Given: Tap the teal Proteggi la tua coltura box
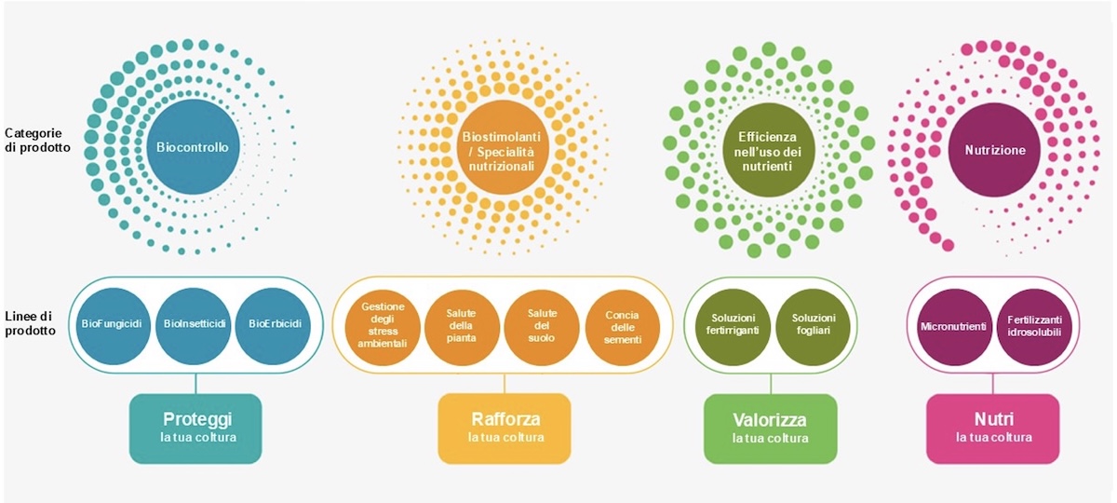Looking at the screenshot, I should pyautogui.click(x=196, y=428).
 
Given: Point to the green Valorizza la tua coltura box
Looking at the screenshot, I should pyautogui.click(x=770, y=428).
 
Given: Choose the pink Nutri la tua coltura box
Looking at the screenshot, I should pyautogui.click(x=993, y=428).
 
